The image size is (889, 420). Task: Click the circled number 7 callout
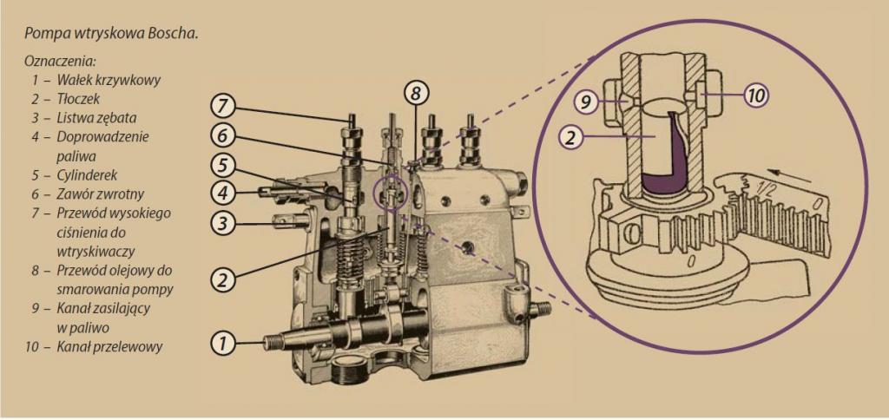point(223,106)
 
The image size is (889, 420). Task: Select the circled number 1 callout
point(223,343)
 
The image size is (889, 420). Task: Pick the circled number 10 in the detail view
point(756,95)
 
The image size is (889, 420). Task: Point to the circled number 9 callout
point(585,102)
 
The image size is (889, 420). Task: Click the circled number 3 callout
point(223,223)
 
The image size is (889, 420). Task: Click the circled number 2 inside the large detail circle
point(571,136)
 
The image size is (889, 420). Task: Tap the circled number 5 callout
point(223,164)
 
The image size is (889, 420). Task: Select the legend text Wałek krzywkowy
point(109,80)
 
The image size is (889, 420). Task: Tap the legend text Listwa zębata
point(96,118)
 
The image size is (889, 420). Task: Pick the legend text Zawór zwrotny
point(101,194)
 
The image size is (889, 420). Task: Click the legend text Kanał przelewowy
point(109,346)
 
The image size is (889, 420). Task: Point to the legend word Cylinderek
point(87,174)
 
